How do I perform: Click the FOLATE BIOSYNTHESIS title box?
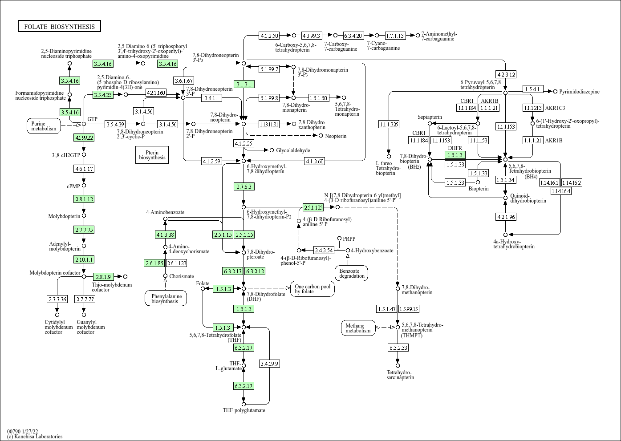(x=59, y=27)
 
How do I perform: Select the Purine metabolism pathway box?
(x=44, y=126)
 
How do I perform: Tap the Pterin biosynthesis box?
(x=152, y=154)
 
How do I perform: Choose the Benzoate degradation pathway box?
(x=352, y=273)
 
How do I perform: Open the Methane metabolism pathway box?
(x=358, y=328)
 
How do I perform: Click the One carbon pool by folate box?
(x=313, y=288)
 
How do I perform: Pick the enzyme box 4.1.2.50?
(x=269, y=36)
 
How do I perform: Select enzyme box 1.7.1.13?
(x=395, y=36)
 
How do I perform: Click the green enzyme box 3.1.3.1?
(x=244, y=84)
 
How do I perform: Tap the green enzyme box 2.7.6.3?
(x=244, y=186)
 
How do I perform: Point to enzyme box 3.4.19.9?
(x=269, y=364)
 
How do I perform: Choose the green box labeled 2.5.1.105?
(x=313, y=207)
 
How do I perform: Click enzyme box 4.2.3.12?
(x=506, y=74)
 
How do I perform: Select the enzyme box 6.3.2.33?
(x=398, y=348)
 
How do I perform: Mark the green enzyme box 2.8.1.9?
(x=103, y=277)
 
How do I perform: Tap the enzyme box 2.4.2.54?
(x=324, y=250)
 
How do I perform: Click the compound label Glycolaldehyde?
(x=293, y=150)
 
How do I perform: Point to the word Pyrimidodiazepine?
(x=579, y=92)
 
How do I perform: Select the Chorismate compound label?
(x=181, y=276)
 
